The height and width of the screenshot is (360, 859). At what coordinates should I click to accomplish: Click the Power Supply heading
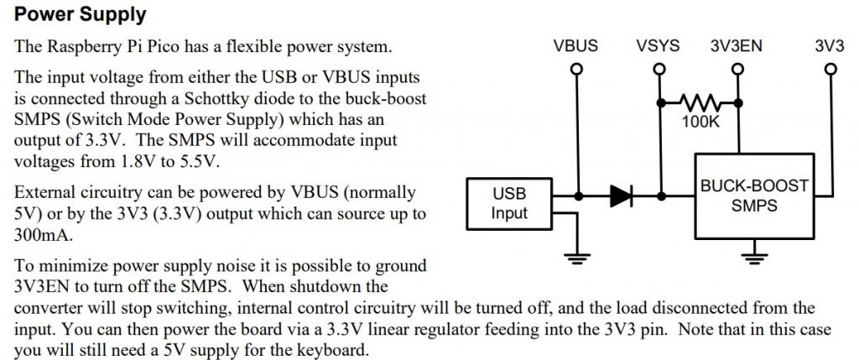coord(81,14)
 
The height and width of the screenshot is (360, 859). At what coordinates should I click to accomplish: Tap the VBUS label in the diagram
coord(575,46)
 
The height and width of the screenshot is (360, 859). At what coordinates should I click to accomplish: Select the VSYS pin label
coord(659,46)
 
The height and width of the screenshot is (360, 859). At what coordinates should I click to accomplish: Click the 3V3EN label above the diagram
coord(736,46)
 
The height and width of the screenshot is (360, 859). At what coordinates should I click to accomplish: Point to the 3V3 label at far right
coord(829,46)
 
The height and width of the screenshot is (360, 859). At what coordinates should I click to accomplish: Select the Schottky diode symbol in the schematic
coord(622,196)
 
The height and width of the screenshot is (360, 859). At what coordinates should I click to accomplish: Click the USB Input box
coord(509,203)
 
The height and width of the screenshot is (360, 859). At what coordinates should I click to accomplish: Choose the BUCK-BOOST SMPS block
coord(754,196)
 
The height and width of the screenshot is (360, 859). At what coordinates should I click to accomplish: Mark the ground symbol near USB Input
coord(575,256)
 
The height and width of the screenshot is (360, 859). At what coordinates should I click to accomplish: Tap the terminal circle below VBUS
coord(575,70)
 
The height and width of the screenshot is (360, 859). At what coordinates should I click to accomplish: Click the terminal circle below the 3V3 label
coord(830,70)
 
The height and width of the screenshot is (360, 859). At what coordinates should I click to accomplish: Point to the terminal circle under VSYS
coord(661,70)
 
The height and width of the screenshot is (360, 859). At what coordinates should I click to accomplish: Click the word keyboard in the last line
coord(333,348)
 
